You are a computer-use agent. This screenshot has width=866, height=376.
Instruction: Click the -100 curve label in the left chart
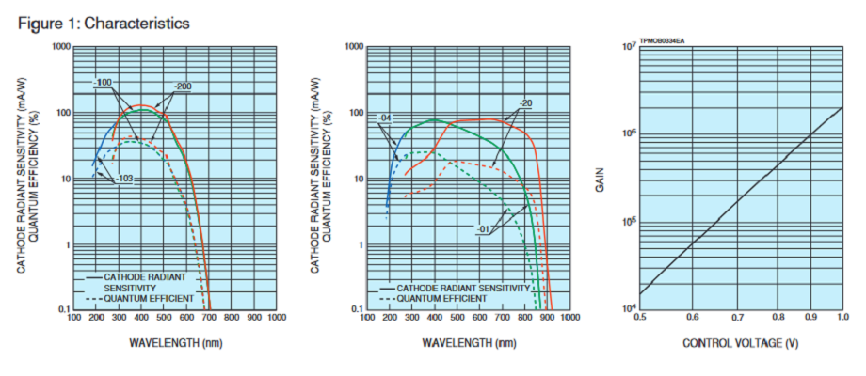click(x=104, y=84)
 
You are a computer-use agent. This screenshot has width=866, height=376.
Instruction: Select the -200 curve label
click(x=183, y=86)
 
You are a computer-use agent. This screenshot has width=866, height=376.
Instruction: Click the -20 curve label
click(x=525, y=103)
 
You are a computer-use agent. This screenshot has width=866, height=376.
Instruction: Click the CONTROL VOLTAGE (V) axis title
click(x=742, y=343)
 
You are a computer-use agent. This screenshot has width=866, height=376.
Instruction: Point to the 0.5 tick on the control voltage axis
click(x=639, y=318)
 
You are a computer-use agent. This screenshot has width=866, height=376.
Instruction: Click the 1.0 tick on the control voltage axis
click(x=842, y=318)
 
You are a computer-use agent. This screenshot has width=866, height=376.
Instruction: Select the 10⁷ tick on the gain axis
click(x=627, y=46)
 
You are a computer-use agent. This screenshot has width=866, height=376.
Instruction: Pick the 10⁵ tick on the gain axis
click(x=627, y=222)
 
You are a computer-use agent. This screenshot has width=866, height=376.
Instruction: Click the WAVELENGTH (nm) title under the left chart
click(x=176, y=343)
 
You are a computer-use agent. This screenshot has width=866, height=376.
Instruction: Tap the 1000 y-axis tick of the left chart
click(x=62, y=46)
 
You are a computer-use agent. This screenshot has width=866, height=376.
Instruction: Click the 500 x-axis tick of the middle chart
click(x=457, y=318)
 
